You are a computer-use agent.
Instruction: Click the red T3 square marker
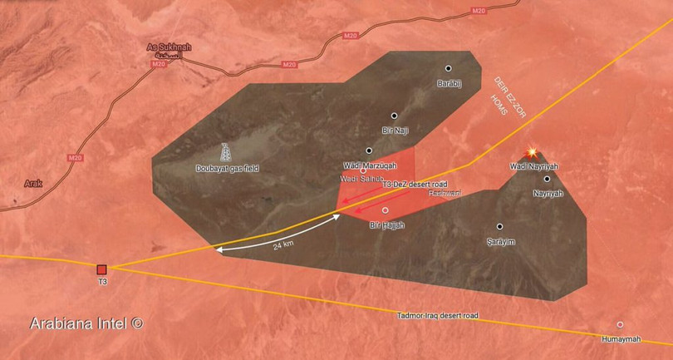coord(101,269)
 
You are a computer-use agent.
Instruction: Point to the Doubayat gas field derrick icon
coord(226,154)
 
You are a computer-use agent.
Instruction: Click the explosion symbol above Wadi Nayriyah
coord(529,155)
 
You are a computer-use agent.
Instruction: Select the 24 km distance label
coord(283,244)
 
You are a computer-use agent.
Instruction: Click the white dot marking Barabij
coord(448,69)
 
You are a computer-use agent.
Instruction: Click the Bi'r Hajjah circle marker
coord(386,210)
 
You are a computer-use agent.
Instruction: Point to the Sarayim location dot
coord(500,227)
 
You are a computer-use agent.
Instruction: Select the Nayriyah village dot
coord(548,179)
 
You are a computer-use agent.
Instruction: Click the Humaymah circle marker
coord(620,324)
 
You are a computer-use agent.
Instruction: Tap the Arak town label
coord(32,183)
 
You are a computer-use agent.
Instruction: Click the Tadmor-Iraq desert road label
coord(438,316)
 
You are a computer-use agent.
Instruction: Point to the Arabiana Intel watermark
coord(86,322)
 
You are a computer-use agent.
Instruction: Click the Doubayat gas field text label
coord(227,168)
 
